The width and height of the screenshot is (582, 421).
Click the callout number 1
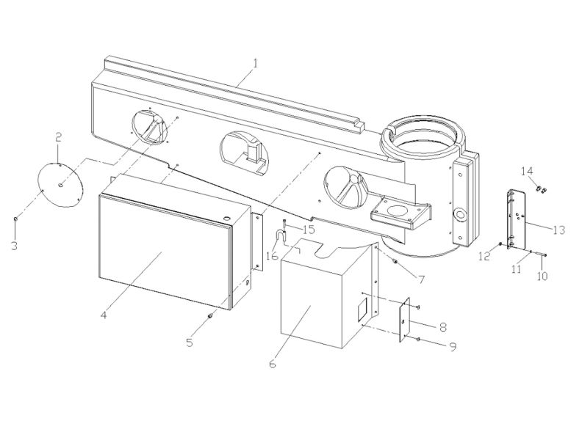pos(255,64)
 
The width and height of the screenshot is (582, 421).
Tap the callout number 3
pos(14,245)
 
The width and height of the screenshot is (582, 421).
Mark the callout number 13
pos(558,230)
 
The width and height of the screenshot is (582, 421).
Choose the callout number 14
pos(528,172)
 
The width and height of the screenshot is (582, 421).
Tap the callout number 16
pos(273,256)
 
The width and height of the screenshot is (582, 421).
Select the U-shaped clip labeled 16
pos(280,236)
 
